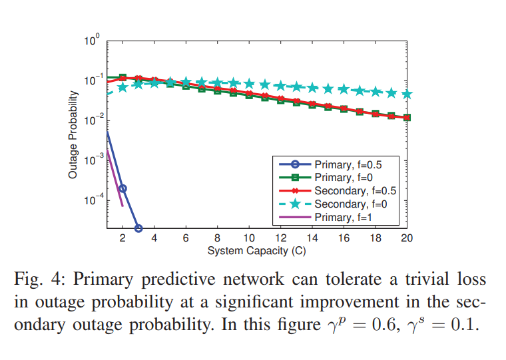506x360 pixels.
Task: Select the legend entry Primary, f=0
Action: click(342, 178)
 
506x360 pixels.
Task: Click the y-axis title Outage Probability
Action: click(73, 134)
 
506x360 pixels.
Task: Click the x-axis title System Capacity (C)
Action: click(256, 251)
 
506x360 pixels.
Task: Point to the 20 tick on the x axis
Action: click(407, 239)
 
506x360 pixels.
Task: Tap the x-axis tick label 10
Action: click(249, 239)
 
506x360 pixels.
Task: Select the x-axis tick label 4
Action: click(154, 239)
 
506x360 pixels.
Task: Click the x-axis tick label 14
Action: click(312, 239)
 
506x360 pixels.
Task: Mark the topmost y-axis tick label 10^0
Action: click(92, 41)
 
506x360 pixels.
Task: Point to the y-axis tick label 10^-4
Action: click(91, 200)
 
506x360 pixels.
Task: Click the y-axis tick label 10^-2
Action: click(91, 120)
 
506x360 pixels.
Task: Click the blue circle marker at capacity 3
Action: click(138, 228)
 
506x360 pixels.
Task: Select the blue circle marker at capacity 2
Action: click(123, 188)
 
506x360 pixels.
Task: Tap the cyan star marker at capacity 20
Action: click(407, 94)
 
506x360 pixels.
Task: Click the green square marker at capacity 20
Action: click(407, 118)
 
